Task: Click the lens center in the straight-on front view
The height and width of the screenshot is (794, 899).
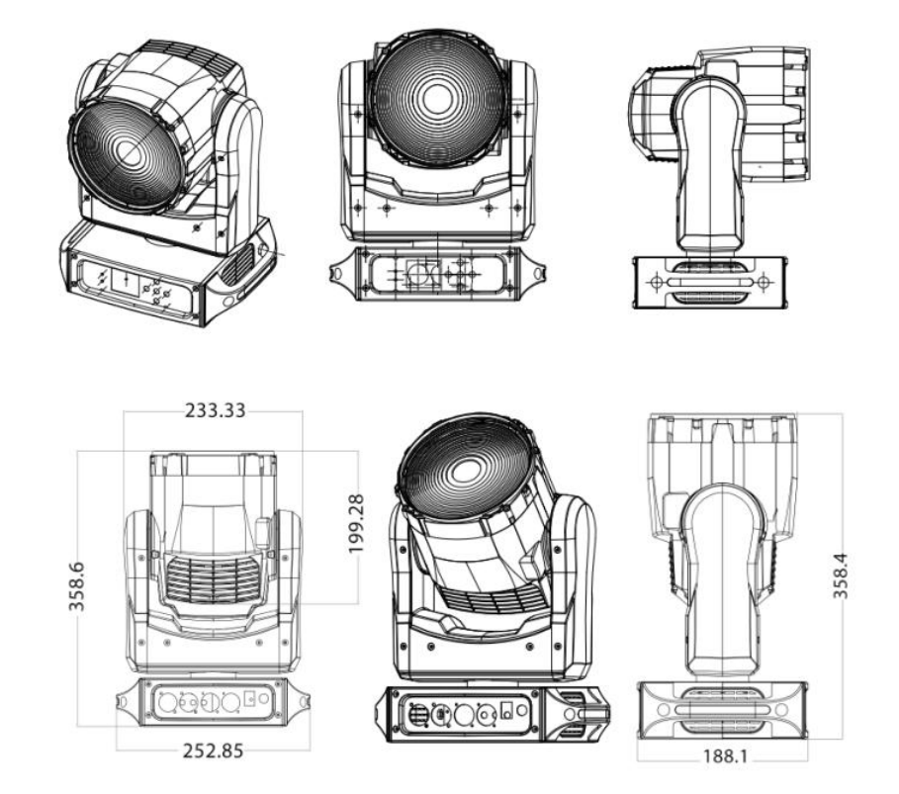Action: click(431, 100)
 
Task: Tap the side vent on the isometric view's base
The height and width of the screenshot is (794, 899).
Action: click(237, 261)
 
